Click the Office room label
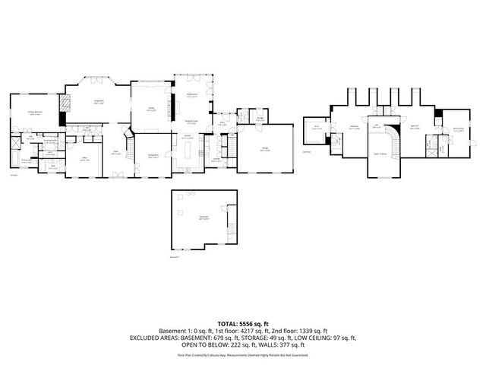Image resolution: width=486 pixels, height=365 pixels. point(86,160)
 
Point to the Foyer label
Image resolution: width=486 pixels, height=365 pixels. point(118,154)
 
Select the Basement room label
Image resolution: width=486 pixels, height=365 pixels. point(204,218)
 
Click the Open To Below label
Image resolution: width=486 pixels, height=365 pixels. point(379,153)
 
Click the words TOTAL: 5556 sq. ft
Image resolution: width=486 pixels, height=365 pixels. point(243,324)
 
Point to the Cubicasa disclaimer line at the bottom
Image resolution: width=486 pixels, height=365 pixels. point(243,354)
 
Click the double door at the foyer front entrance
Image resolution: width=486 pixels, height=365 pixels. point(118,176)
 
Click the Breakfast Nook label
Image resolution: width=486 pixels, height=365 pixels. point(191,122)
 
